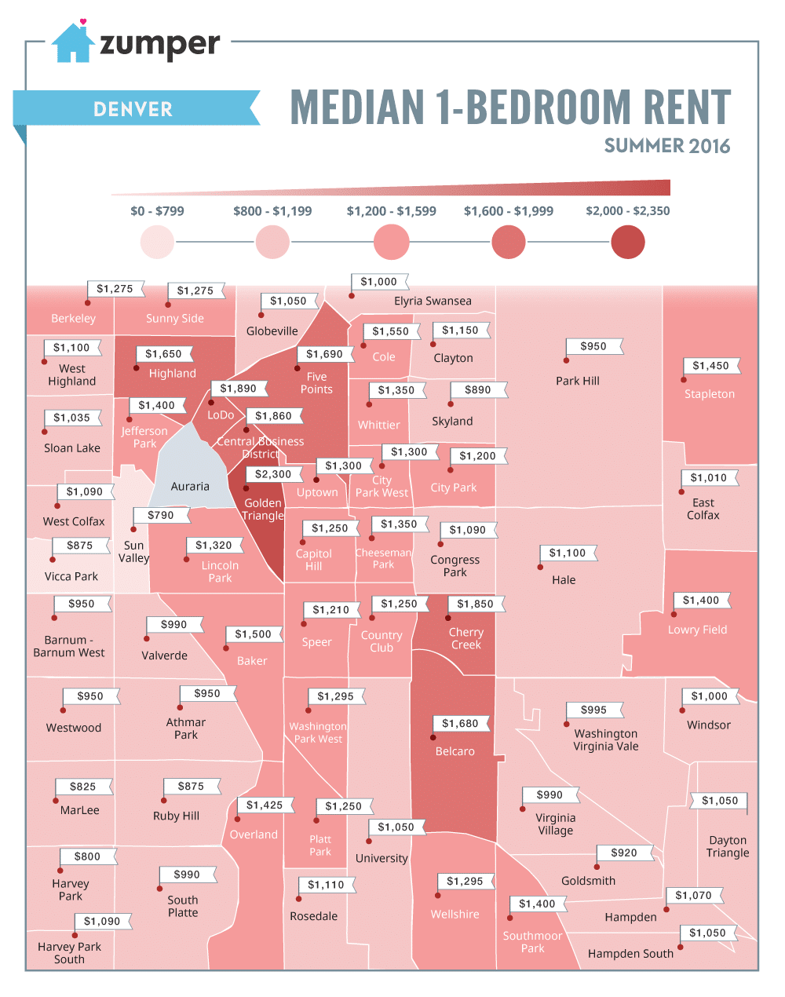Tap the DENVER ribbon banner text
(x=133, y=109)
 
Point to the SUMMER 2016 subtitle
(x=666, y=146)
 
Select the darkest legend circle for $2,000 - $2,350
(x=627, y=242)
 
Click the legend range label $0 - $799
(x=157, y=211)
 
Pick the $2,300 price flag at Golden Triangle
(x=273, y=474)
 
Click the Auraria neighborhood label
(x=190, y=486)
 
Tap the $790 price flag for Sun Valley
(x=161, y=515)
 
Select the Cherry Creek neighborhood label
(x=466, y=638)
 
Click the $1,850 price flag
(x=476, y=604)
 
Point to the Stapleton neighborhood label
(x=710, y=394)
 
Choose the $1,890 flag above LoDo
(x=239, y=389)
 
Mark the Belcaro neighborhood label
(x=455, y=751)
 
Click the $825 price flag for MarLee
(x=83, y=786)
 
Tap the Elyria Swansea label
(x=433, y=301)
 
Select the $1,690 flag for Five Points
(x=325, y=354)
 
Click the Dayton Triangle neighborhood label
(x=728, y=846)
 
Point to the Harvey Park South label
(x=69, y=953)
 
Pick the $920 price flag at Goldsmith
(x=624, y=853)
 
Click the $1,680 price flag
(x=460, y=723)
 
